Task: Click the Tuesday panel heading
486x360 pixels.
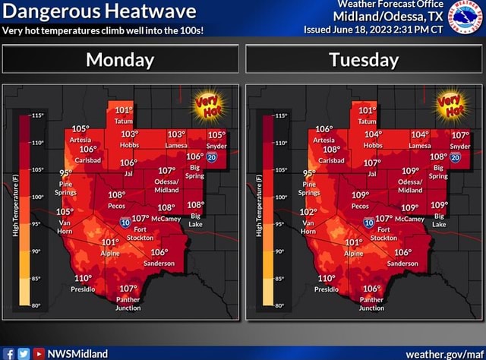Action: (364, 59)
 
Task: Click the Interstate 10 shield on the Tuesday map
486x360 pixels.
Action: (368, 223)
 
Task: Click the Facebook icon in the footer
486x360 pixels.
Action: (8, 353)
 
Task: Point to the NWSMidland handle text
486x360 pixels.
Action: (77, 353)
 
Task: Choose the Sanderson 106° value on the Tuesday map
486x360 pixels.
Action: (402, 253)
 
